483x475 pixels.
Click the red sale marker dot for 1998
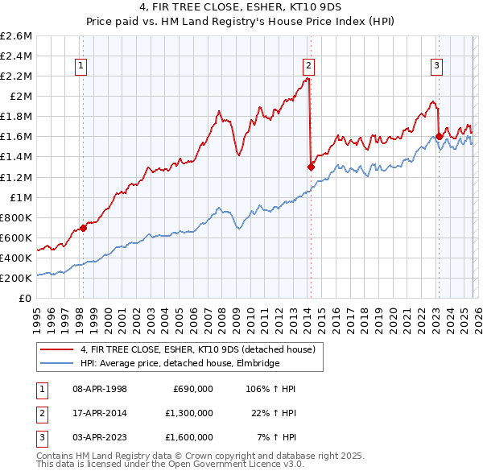coord(83,228)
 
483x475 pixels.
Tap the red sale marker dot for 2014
coord(311,167)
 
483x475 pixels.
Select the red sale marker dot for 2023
coord(438,136)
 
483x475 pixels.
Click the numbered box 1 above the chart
coord(82,67)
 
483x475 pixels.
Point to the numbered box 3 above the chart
coord(436,67)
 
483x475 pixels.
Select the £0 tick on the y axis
coord(26,298)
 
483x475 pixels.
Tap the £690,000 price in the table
coord(193,389)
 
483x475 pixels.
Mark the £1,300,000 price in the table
coord(188,413)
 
